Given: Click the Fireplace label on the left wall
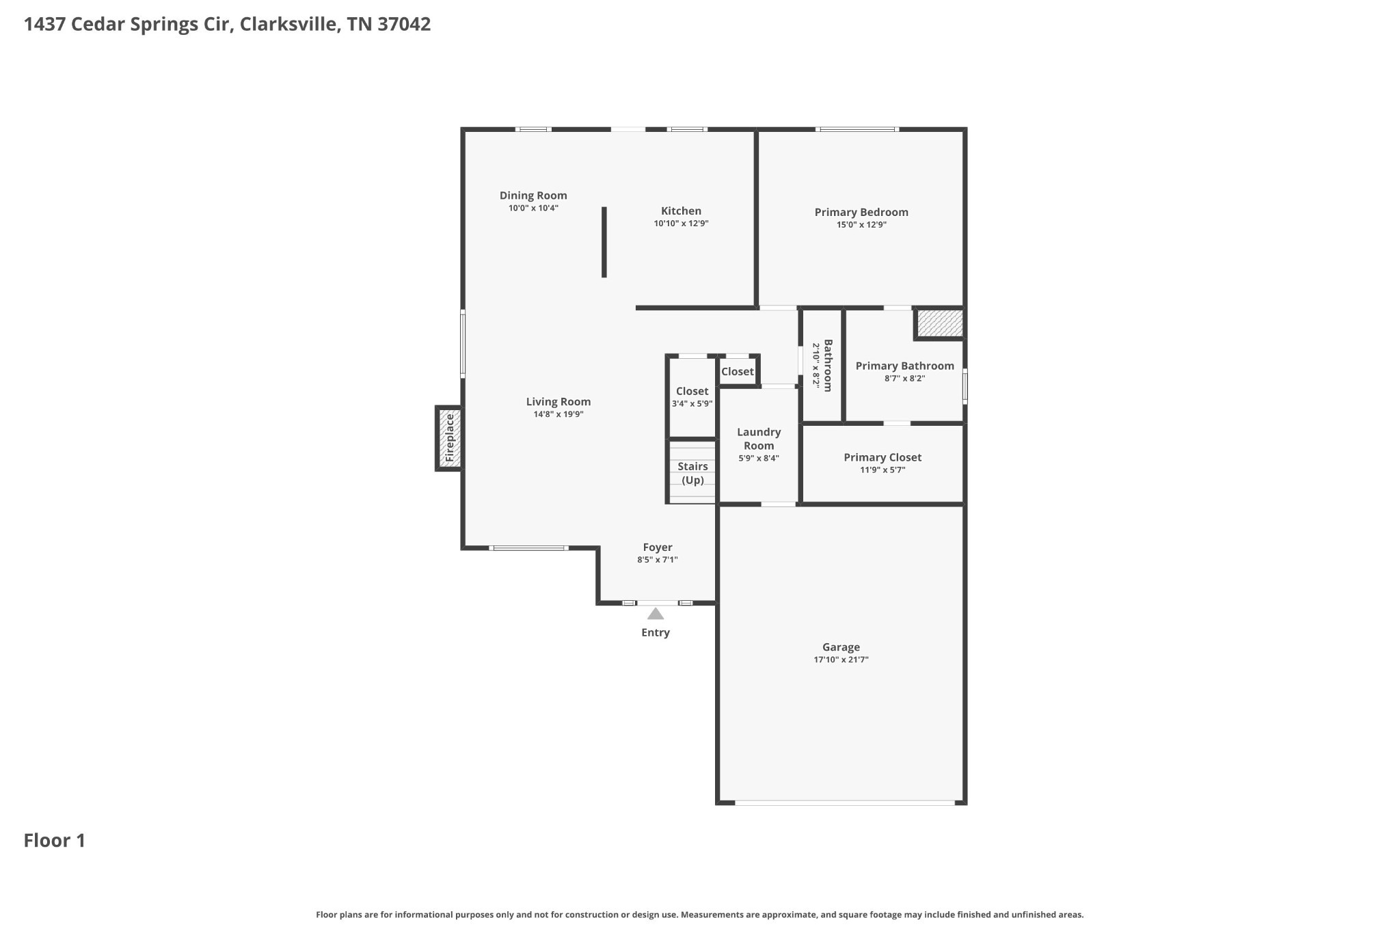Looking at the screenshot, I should [449, 438].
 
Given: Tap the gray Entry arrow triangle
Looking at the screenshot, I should [656, 614].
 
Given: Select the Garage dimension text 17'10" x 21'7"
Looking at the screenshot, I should [841, 660].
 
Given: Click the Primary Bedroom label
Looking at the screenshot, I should [861, 212].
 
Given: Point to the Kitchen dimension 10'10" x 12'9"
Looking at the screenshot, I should [681, 224].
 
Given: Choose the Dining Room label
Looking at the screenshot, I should [533, 195].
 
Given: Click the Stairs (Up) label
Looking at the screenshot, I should [692, 473].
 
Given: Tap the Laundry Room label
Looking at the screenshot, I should [759, 439].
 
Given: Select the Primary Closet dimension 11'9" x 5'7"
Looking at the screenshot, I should [883, 470].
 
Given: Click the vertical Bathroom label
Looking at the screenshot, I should [828, 366].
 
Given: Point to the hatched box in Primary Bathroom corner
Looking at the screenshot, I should [940, 323].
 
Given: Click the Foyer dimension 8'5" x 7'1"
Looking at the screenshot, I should [657, 559].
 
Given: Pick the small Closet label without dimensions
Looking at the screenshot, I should [737, 372].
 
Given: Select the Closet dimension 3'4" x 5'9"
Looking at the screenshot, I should [692, 403].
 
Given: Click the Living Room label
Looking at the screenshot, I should [558, 402].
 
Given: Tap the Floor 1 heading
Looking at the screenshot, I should [55, 840].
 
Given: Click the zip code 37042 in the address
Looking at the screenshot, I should [404, 24].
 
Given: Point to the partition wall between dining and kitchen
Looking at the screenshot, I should [604, 242].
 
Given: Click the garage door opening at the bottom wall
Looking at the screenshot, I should [844, 802].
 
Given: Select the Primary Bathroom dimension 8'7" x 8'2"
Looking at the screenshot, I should [904, 378].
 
